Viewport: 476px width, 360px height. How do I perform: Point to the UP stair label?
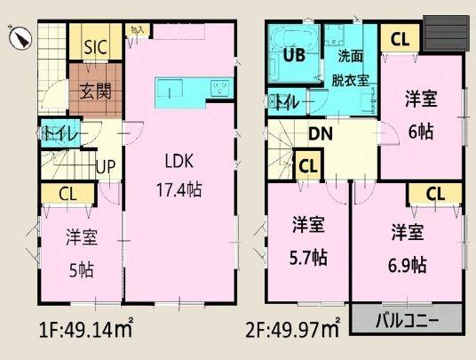click(105, 166)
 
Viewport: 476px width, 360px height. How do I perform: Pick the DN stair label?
click(321, 136)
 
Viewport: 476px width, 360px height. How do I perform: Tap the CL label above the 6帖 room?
click(400, 39)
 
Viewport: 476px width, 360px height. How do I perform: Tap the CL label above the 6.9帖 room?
click(434, 194)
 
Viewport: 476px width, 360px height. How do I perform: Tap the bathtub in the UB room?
click(292, 41)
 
